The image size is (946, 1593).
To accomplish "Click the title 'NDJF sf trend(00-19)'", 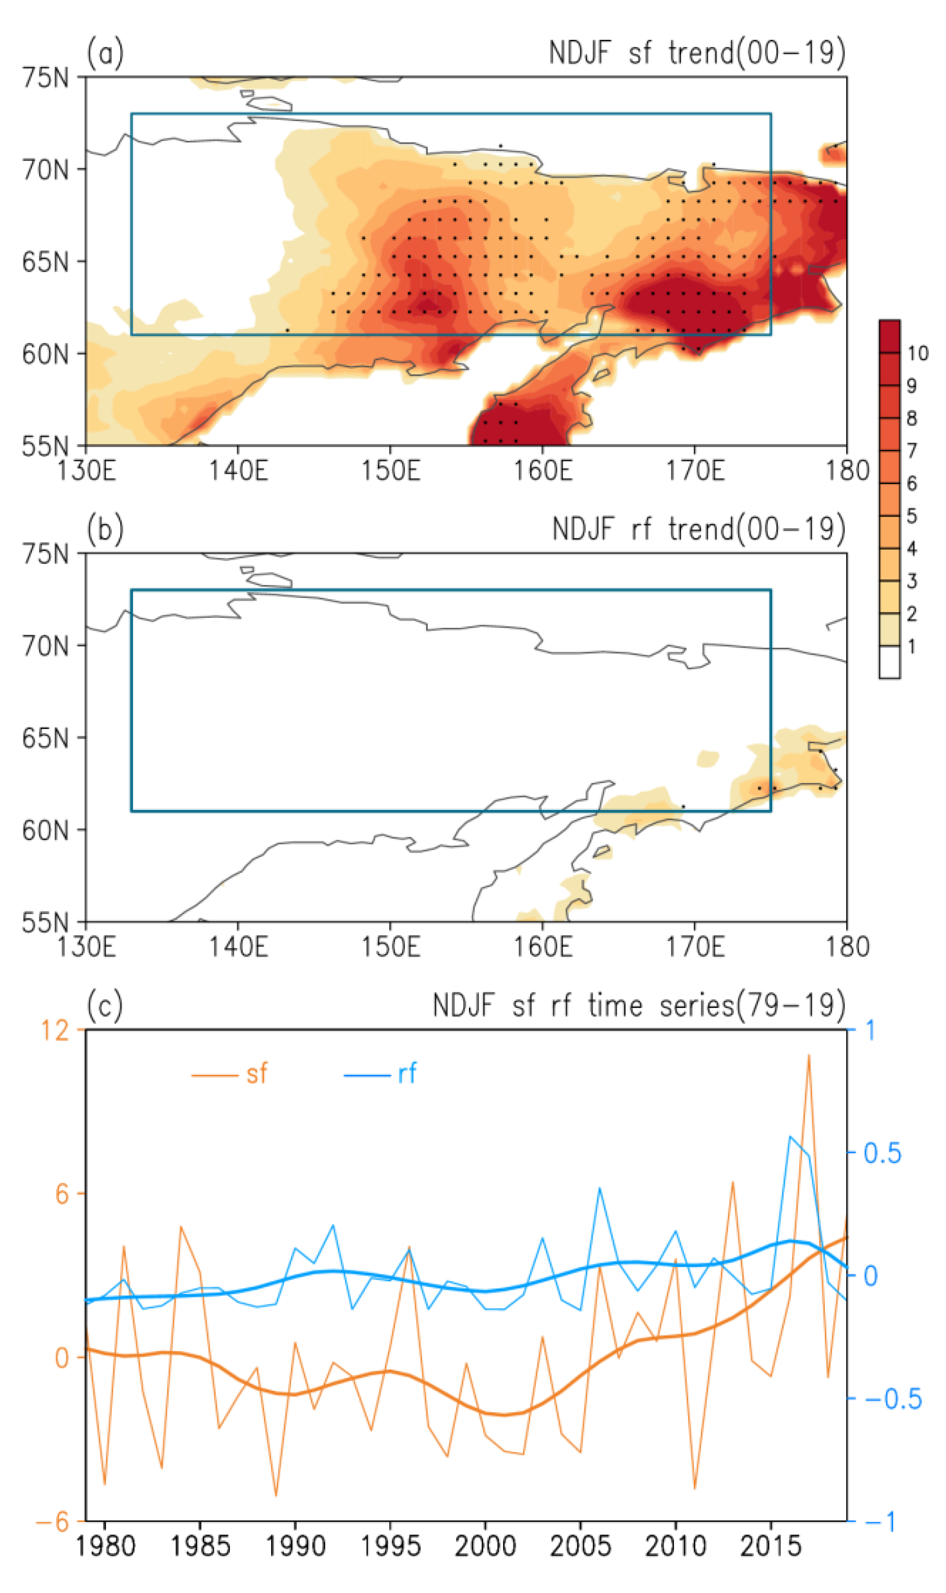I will (x=697, y=52).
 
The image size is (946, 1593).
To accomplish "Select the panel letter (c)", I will (x=104, y=1005).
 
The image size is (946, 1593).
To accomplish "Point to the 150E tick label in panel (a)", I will (x=391, y=471).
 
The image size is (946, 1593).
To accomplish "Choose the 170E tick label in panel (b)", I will (x=695, y=947).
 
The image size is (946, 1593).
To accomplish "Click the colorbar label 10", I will (x=917, y=353).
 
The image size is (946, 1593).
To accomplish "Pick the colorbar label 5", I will (x=912, y=516).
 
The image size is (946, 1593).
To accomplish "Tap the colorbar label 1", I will (x=912, y=647).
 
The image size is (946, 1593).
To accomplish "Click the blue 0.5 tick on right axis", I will (x=882, y=1153).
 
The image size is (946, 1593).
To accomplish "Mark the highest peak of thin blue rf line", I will (x=790, y=1136).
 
